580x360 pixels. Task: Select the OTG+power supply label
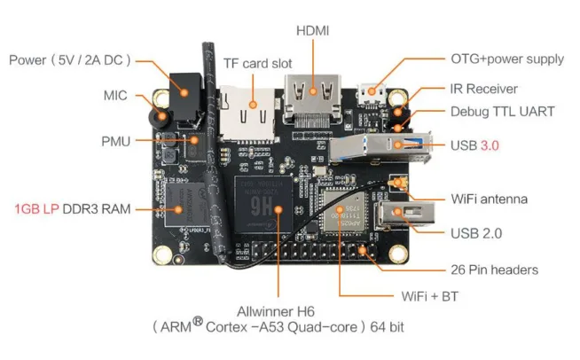[506, 59]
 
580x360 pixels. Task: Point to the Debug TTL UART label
[502, 112]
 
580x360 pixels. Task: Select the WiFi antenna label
[489, 199]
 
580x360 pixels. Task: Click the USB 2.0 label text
[475, 233]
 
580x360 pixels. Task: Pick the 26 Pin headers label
[494, 270]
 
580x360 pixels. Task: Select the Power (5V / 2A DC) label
[70, 60]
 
